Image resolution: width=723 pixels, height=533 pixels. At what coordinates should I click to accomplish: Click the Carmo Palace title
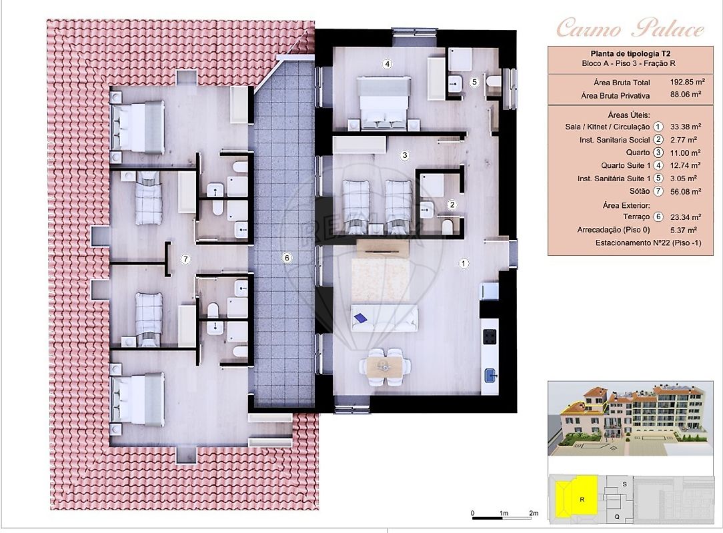pyautogui.click(x=630, y=29)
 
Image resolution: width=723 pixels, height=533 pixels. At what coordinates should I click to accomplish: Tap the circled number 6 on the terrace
pyautogui.click(x=287, y=258)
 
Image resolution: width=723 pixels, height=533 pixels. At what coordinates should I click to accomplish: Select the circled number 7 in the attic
pyautogui.click(x=185, y=259)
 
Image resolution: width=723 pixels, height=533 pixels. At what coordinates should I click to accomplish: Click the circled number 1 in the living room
pyautogui.click(x=464, y=263)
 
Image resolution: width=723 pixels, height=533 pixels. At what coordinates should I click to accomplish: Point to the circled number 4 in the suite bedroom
pyautogui.click(x=387, y=64)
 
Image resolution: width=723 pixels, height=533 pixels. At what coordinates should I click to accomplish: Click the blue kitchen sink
pyautogui.click(x=490, y=376)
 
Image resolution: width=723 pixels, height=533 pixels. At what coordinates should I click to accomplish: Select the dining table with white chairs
pyautogui.click(x=385, y=366)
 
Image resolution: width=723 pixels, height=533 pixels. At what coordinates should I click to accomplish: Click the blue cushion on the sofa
pyautogui.click(x=360, y=317)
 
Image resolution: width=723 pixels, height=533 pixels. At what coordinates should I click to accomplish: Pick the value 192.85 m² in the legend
pyautogui.click(x=687, y=82)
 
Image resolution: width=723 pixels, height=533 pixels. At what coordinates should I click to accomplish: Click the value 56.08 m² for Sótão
pyautogui.click(x=686, y=191)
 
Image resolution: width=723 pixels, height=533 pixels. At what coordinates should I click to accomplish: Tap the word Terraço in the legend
pyautogui.click(x=636, y=217)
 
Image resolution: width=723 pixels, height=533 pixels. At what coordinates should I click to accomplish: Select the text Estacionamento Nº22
pyautogui.click(x=632, y=243)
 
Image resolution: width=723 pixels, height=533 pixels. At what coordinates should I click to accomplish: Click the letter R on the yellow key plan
pyautogui.click(x=582, y=500)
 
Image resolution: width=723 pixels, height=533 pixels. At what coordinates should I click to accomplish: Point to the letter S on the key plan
pyautogui.click(x=625, y=484)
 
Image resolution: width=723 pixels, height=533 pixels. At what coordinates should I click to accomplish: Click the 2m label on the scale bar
pyautogui.click(x=534, y=513)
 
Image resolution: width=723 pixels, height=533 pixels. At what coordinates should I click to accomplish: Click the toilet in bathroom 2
pyautogui.click(x=447, y=226)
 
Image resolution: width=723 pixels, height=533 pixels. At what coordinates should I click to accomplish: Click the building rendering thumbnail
pyautogui.click(x=630, y=418)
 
